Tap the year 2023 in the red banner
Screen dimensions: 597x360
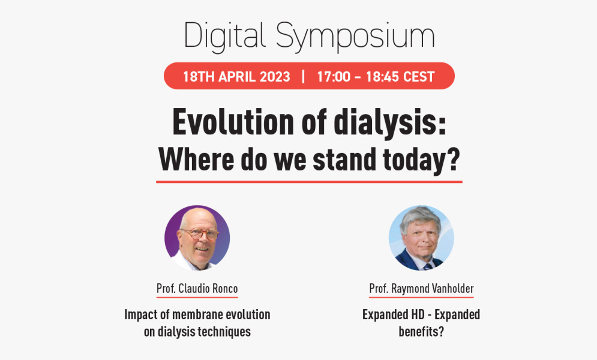click(x=275, y=76)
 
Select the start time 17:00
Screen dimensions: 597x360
click(x=334, y=76)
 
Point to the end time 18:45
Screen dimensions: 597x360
click(x=382, y=76)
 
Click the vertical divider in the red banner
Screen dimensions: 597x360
click(x=303, y=76)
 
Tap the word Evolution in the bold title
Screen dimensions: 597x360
click(x=233, y=122)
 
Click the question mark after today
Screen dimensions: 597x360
click(x=453, y=160)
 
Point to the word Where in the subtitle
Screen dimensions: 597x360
click(x=196, y=160)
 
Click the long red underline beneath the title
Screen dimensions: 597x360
click(x=309, y=182)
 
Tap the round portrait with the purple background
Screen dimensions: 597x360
click(x=197, y=238)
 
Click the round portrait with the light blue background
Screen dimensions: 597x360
click(x=421, y=238)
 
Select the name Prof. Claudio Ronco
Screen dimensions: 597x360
click(x=197, y=289)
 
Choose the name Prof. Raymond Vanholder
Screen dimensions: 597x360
click(x=421, y=289)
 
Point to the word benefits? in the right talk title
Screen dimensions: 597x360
click(x=421, y=331)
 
